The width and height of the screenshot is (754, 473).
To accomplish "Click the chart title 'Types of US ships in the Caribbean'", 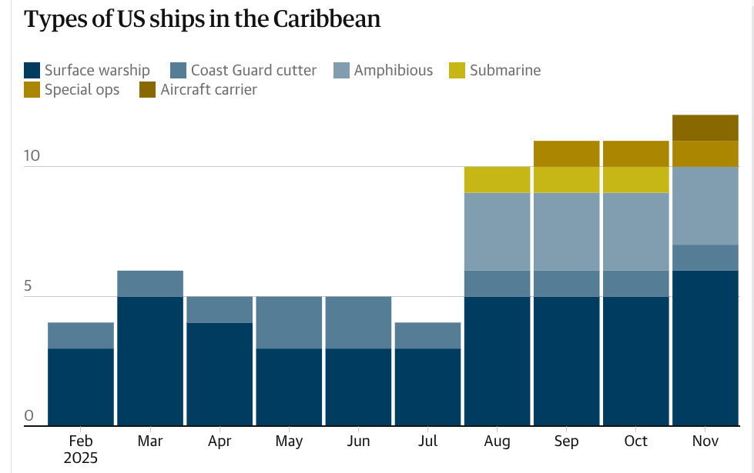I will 202,19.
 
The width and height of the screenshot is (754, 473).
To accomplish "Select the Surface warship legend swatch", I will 32,71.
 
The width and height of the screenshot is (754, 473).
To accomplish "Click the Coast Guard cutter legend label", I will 253,71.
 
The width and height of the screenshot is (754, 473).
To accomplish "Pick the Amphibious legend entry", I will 393,71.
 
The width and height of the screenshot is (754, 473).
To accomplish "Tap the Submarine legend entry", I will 504,71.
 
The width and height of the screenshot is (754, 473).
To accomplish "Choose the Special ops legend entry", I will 82,90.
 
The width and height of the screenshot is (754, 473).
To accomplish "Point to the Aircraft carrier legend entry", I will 209,90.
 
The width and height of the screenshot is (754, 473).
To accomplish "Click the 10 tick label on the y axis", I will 32,155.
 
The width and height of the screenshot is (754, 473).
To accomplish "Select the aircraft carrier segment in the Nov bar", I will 705,128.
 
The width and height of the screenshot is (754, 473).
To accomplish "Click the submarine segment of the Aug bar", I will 497,179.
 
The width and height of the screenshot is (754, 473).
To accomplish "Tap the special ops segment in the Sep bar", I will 566,154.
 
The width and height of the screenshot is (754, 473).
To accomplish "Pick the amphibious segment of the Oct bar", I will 635,232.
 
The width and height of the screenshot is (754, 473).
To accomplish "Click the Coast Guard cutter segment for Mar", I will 150,283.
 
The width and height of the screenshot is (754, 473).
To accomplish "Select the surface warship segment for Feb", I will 81,387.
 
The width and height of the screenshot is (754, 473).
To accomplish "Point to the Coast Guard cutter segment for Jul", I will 427,335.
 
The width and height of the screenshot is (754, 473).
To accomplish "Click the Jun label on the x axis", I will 358,441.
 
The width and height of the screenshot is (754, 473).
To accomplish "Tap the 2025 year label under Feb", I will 81,458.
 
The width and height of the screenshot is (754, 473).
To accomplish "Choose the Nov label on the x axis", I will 705,441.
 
